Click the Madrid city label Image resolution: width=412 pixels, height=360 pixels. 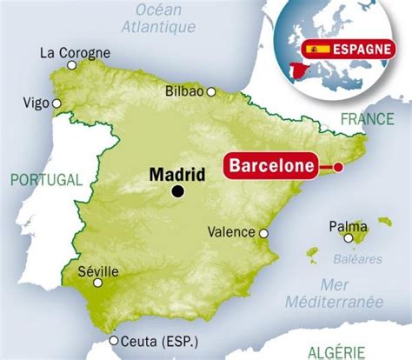coord(179,174)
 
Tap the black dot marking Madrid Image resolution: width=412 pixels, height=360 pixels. coord(178,192)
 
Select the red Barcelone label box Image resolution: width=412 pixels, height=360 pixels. coord(269,166)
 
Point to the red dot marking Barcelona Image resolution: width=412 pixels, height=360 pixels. coord(339,167)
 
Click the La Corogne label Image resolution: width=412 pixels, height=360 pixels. coord(76,53)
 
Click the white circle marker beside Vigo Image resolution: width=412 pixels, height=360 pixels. coord(56,103)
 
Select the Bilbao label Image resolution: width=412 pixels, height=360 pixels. coord(183,90)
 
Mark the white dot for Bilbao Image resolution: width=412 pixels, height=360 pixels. coord(210,90)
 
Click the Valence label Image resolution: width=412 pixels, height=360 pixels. coord(232,232)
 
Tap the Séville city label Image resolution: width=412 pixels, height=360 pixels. coord(96,270)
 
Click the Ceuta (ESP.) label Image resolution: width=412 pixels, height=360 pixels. coord(159,341)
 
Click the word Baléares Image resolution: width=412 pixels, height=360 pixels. coord(358,259)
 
